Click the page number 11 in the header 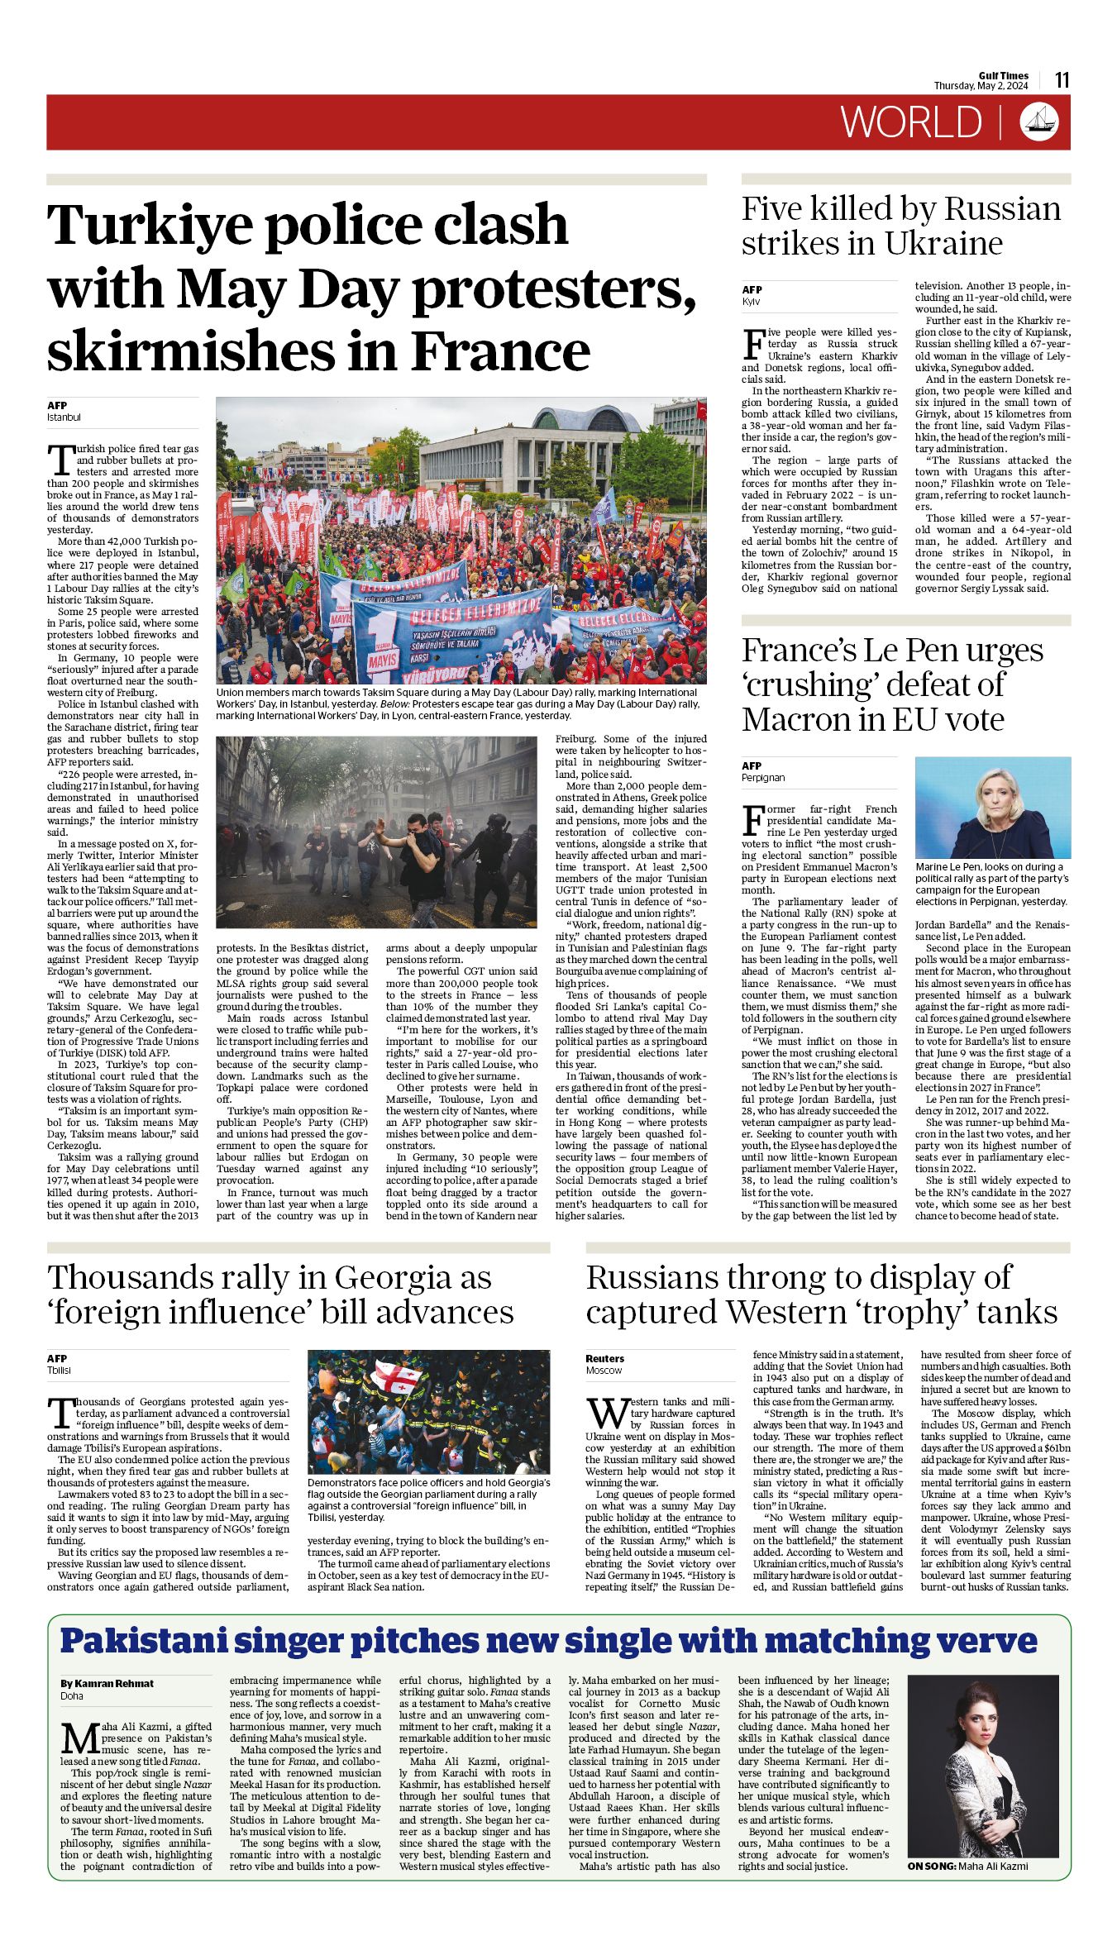tap(1062, 80)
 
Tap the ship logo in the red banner tap(1038, 122)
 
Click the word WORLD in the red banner tap(911, 122)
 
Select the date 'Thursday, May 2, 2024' tap(981, 86)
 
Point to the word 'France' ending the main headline tap(500, 351)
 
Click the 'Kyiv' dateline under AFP tap(751, 302)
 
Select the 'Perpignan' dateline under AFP tap(763, 778)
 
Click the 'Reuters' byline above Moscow tap(604, 1358)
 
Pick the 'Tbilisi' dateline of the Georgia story tap(59, 1370)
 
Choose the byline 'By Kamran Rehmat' tap(107, 1683)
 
